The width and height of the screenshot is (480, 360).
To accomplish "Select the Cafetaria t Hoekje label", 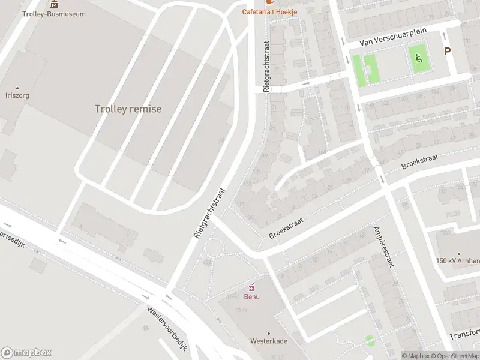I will [x=269, y=11].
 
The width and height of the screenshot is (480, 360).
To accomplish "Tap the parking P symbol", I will [x=447, y=52].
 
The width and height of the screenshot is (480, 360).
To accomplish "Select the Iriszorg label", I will [x=17, y=95].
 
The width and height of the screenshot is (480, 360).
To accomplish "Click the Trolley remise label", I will [x=128, y=109].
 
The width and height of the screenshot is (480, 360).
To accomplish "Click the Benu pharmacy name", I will [x=252, y=296].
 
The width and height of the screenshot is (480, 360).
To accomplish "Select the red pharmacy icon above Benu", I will [x=252, y=286].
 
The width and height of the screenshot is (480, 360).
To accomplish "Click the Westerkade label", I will [x=268, y=341].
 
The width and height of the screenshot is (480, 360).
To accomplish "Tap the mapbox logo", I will [x=27, y=353].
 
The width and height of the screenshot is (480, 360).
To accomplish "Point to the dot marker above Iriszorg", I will [x=17, y=88].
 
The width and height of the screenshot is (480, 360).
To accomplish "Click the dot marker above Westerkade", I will [x=268, y=333].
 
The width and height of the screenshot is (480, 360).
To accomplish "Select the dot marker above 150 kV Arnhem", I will [x=459, y=254].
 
